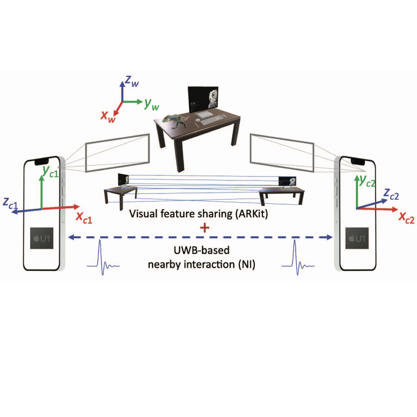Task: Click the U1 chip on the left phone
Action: coord(42,238)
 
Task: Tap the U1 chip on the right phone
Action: coord(357,238)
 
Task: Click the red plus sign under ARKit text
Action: coord(205,228)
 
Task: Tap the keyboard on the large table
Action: coord(212,120)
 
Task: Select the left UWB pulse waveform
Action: coord(103,257)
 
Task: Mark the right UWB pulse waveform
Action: coord(298,257)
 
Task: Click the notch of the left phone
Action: coord(42,162)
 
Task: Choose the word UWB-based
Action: coord(202,250)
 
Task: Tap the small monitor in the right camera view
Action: coord(287,182)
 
